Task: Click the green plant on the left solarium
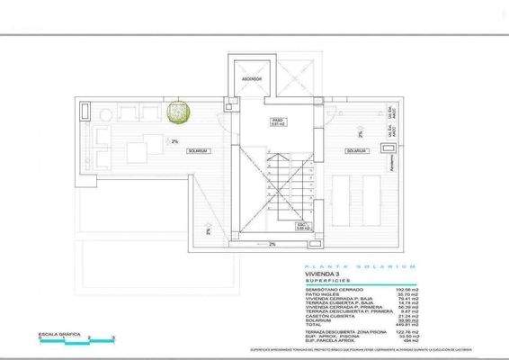tap(179, 112)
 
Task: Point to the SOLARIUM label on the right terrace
tap(354, 150)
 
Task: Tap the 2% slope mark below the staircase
tap(272, 244)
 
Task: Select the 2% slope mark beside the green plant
tap(174, 141)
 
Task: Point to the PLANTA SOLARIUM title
tap(359, 266)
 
